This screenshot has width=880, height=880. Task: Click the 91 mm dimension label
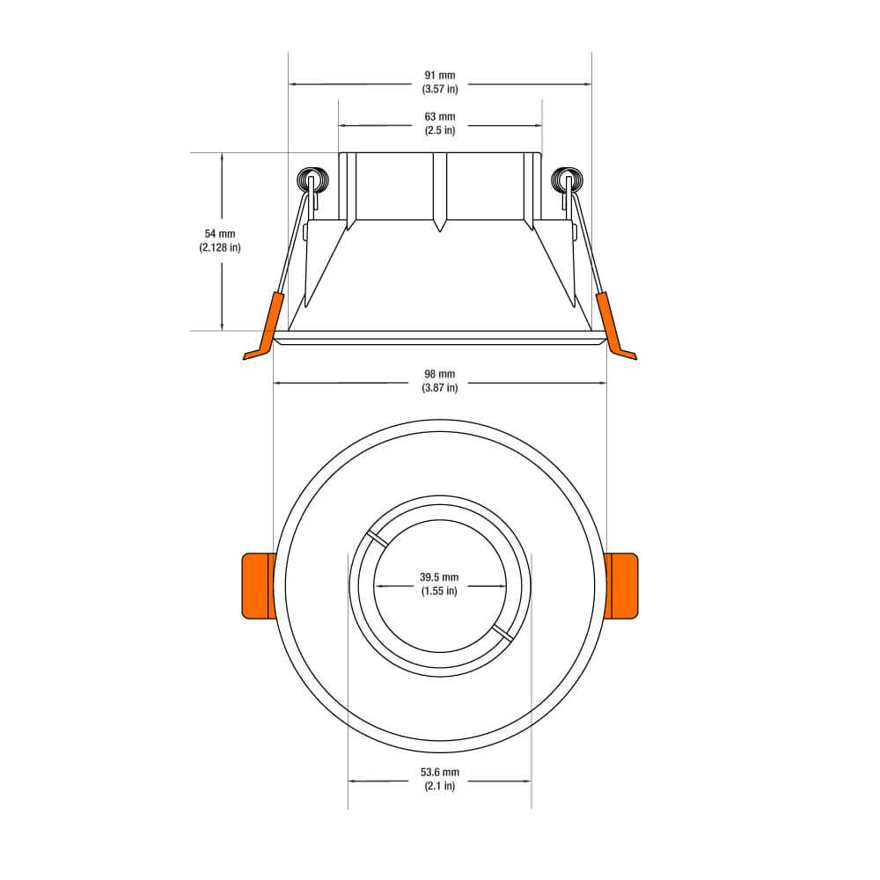coord(440,76)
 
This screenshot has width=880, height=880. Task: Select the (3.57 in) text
coord(440,89)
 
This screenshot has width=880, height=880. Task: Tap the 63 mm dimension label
coord(440,117)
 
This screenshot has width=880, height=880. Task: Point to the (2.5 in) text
coord(440,130)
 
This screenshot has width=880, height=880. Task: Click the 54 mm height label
coord(220,234)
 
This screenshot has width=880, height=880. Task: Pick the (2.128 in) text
coord(220,247)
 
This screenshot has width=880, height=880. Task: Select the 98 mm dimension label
coord(440,375)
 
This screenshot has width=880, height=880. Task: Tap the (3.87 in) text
coord(440,388)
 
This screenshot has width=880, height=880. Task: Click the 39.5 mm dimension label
coord(439,577)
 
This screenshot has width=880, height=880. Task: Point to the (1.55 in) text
coord(439,590)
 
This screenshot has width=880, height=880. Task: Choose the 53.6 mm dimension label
coord(440,773)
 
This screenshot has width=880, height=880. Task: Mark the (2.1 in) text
coord(440,786)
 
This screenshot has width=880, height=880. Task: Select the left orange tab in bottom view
coord(258,585)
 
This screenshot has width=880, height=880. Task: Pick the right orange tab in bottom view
coord(621,585)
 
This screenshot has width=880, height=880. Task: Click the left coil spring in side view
coord(311,180)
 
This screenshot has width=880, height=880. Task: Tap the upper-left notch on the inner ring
coord(375,539)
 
